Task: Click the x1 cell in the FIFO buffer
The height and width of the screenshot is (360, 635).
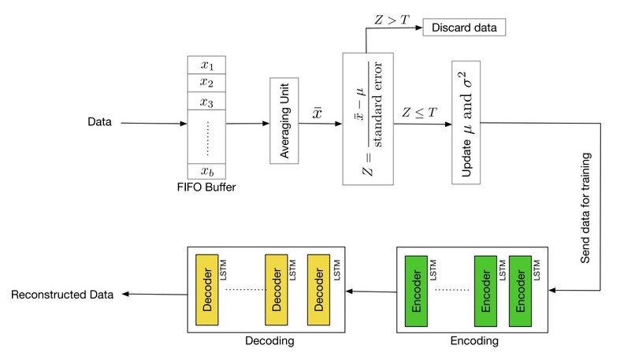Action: tap(207, 65)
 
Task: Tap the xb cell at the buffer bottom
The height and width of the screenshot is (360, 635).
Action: tap(207, 172)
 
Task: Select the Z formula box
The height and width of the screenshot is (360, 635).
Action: tap(367, 118)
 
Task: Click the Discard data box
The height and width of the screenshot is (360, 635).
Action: tap(465, 28)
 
